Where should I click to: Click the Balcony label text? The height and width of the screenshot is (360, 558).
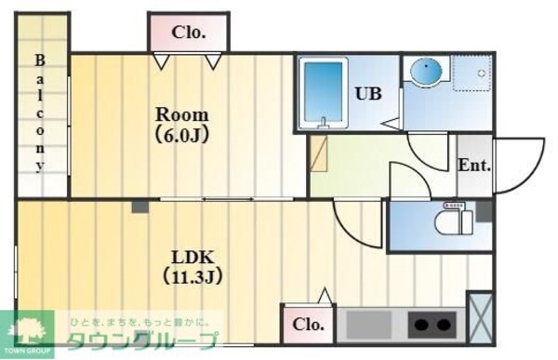click(x=40, y=113)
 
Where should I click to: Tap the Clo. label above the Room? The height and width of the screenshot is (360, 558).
click(x=188, y=33)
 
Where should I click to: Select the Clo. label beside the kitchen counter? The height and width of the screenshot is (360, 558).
click(x=308, y=325)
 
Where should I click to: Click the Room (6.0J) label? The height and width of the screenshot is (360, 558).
click(x=182, y=125)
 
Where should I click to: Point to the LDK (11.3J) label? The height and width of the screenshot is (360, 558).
click(x=194, y=266)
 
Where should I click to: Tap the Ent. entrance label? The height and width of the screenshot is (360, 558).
click(x=474, y=166)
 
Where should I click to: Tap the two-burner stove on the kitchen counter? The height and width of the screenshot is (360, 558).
click(x=432, y=325)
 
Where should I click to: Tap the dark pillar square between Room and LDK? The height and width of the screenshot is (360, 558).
click(x=139, y=206)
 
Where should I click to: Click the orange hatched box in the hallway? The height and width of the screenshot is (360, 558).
click(x=318, y=153)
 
